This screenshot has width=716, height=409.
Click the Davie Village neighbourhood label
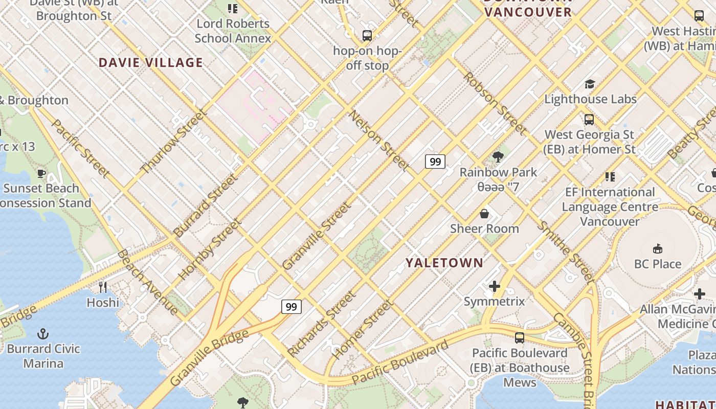[151, 63]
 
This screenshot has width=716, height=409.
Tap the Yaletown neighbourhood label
[444, 263]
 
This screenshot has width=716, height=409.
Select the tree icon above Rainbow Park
[498, 157]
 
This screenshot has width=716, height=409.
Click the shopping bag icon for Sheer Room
[484, 213]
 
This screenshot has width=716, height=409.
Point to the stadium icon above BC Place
[657, 249]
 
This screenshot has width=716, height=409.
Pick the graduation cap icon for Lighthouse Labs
[590, 84]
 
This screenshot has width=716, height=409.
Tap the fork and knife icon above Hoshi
[103, 287]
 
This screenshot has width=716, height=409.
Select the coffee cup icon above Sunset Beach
[41, 174]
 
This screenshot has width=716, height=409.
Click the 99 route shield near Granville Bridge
[291, 307]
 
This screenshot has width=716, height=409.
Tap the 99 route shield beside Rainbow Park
[435, 162]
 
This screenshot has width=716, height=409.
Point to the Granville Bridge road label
[209, 357]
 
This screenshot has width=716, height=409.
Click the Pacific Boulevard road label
[400, 362]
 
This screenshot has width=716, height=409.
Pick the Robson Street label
[494, 104]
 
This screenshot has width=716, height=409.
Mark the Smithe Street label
[566, 253]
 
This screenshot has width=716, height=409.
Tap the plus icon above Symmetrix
[494, 286]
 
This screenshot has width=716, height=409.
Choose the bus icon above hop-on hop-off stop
[367, 36]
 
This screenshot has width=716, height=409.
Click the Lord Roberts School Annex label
[233, 31]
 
